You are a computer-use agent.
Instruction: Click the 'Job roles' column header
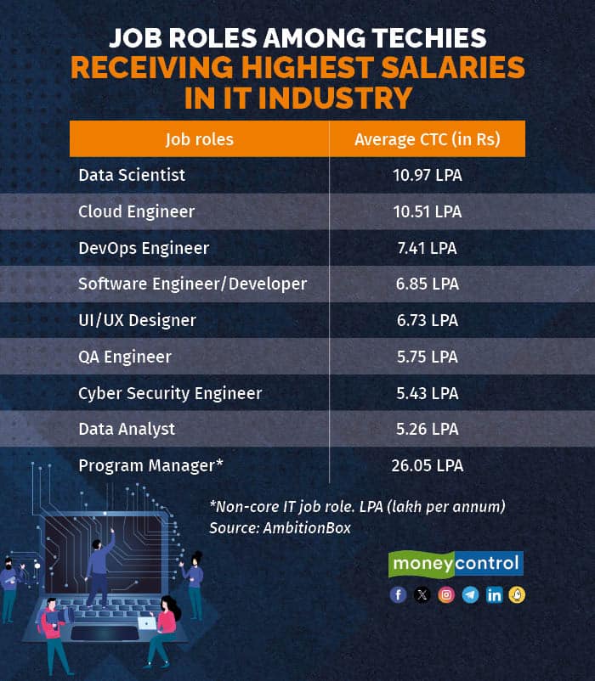(x=200, y=139)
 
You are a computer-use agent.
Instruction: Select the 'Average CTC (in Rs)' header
(x=427, y=139)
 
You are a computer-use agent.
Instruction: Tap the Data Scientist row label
(x=132, y=175)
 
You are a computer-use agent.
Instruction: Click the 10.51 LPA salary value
(x=427, y=211)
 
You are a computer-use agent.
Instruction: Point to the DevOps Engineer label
(x=144, y=248)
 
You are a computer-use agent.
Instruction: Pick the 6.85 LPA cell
(x=427, y=284)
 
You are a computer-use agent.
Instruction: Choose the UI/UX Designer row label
(x=137, y=320)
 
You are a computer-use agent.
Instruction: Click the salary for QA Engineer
(x=427, y=357)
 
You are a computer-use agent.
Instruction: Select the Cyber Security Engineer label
(x=170, y=393)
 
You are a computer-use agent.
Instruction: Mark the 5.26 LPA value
(x=427, y=430)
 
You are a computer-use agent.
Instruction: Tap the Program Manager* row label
(x=150, y=465)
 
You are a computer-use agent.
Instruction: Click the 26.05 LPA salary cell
(x=427, y=465)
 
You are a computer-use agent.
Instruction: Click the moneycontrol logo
(x=456, y=564)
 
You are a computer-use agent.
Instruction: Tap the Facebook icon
(x=398, y=594)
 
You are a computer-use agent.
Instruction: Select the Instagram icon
(x=446, y=594)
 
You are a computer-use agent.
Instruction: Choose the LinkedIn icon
(x=494, y=594)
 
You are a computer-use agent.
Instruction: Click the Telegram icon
(x=470, y=594)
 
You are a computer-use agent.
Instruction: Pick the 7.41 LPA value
(x=427, y=248)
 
